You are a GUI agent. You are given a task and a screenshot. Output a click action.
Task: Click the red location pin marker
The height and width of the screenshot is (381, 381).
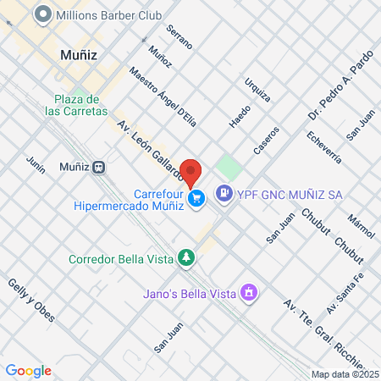coord(191,172)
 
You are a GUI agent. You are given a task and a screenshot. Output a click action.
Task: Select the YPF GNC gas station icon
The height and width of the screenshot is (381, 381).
coord(224,193)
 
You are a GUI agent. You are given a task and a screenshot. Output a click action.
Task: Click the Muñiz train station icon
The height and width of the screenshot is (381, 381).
coord(100,167)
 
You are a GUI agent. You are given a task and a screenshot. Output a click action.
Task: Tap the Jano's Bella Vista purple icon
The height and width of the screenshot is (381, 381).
coord(249,294)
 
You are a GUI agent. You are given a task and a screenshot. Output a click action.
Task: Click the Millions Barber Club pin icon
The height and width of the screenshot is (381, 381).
coord(41,14)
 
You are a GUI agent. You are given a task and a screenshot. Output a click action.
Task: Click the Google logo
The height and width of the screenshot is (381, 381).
coord(28,370)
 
